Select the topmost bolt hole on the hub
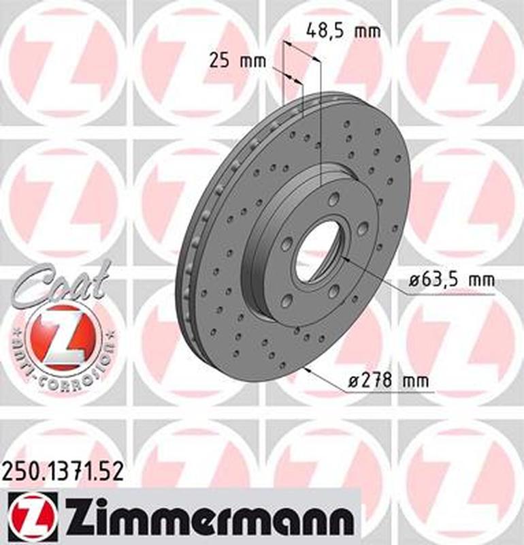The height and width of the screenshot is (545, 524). (333, 199)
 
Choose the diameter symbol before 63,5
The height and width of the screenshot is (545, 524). (414, 281)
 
